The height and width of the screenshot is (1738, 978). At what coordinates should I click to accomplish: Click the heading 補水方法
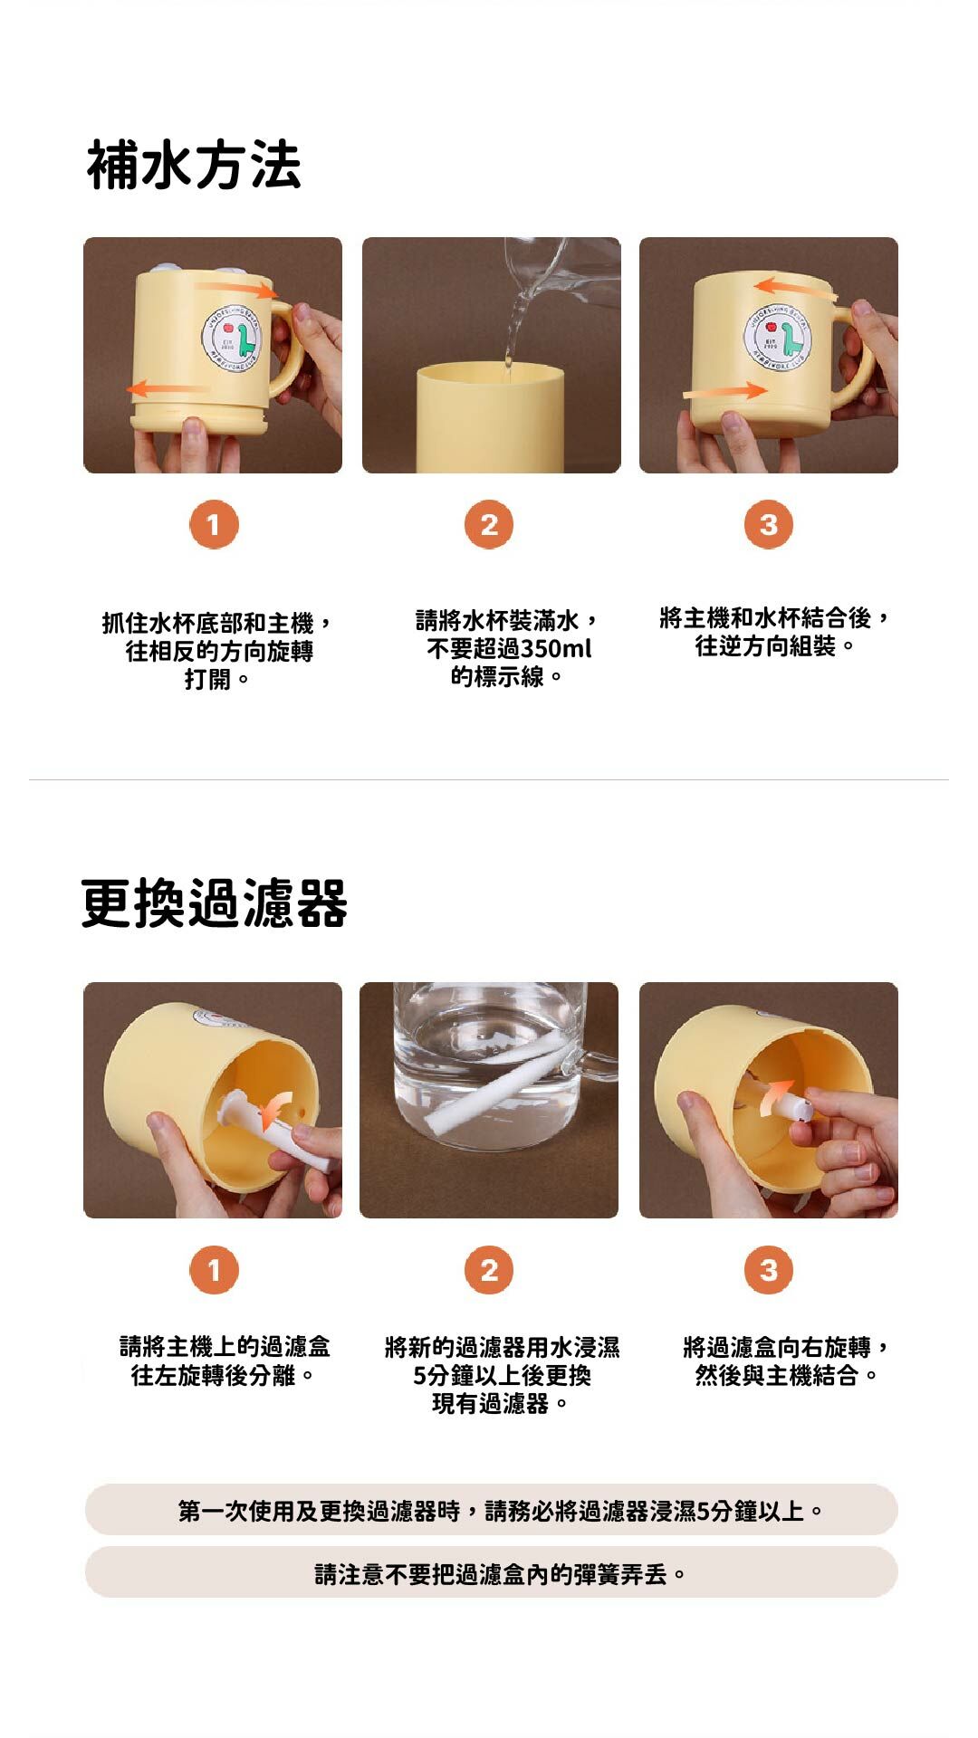point(194,165)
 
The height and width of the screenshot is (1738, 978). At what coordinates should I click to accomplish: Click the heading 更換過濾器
point(215,902)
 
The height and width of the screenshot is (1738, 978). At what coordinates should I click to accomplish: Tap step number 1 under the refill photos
point(214,525)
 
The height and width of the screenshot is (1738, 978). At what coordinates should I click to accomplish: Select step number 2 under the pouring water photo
point(489,525)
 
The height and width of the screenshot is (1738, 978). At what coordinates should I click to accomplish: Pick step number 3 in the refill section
point(769,525)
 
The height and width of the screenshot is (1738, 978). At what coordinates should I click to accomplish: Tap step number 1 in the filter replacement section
point(214,1270)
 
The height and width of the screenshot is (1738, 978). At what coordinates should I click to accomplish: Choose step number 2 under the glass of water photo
point(489,1270)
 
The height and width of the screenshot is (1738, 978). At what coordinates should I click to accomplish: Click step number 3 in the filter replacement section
point(769,1270)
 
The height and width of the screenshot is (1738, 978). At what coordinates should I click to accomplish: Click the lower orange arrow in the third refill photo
point(724,390)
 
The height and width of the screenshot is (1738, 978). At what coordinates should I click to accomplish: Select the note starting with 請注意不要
point(501,1574)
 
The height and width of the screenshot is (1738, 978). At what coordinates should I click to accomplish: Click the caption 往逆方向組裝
point(765,646)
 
